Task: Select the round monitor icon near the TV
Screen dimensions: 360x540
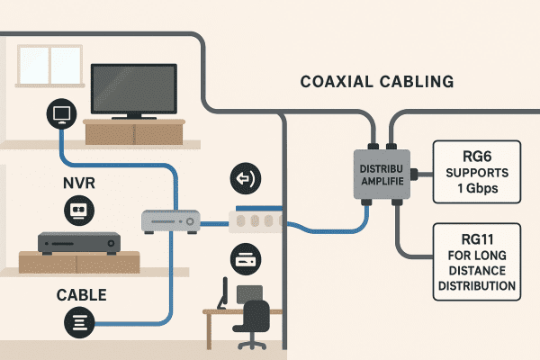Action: click(x=61, y=113)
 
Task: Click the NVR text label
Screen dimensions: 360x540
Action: click(x=78, y=185)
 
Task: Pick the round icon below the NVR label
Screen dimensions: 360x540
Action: click(x=78, y=211)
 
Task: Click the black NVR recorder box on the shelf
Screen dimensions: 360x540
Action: click(x=78, y=242)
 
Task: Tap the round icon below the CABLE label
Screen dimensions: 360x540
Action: click(x=78, y=321)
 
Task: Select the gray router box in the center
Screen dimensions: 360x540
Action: click(x=168, y=219)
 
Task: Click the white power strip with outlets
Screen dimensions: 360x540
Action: click(x=256, y=220)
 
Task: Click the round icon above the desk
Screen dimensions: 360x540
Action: click(x=245, y=259)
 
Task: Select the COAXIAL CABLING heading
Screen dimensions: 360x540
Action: click(x=376, y=83)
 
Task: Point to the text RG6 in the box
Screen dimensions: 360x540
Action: click(x=476, y=154)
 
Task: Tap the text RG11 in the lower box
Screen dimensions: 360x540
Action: click(x=476, y=238)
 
